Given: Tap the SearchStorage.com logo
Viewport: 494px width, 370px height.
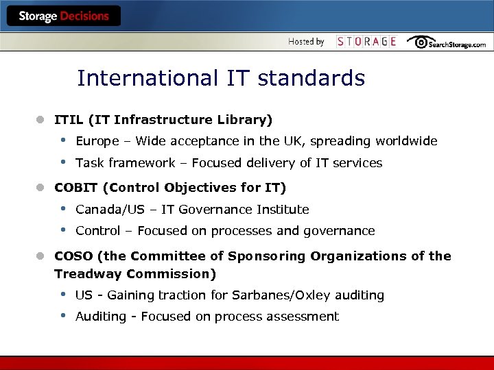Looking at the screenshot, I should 446,42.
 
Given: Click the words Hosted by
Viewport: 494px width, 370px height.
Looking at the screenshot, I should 306,42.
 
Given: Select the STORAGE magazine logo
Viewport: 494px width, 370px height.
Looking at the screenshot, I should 366,42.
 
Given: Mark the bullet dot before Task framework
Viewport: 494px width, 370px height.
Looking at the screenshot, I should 63,162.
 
